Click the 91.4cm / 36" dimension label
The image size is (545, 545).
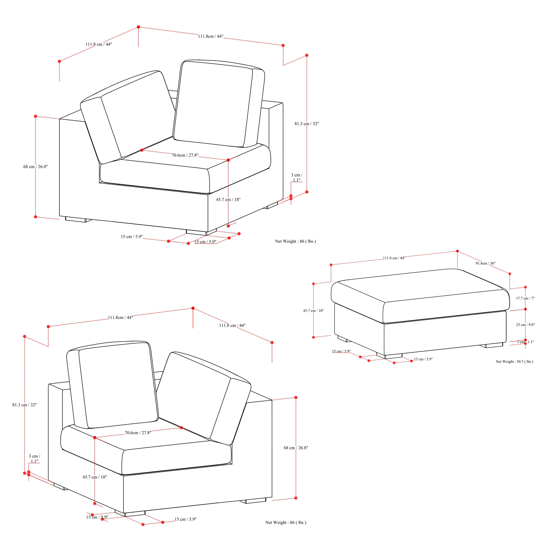point(485,263)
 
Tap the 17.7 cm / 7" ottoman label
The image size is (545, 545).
point(525,298)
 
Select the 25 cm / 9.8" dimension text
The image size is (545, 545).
point(525,325)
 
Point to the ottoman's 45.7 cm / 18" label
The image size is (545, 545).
point(313,311)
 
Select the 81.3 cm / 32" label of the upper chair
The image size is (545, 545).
point(307,124)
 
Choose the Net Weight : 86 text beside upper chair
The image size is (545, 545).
point(295,241)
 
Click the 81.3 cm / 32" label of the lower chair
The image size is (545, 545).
point(24,405)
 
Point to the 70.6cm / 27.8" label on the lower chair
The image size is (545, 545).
point(138,433)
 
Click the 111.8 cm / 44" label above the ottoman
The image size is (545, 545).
point(394,258)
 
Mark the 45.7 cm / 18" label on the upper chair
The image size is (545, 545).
point(228,199)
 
